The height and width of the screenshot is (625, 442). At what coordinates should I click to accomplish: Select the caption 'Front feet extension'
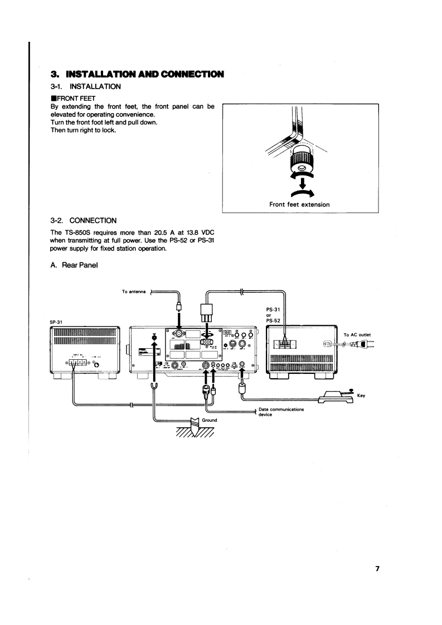point(300,204)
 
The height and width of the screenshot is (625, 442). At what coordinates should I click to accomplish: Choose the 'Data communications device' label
point(281,412)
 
